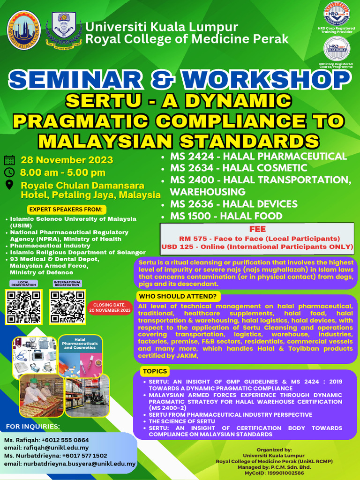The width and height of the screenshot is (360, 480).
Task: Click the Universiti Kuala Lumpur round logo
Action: tap(23, 29)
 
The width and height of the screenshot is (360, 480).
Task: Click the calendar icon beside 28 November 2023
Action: tap(9, 160)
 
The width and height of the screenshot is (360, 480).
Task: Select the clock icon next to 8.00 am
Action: tap(9, 172)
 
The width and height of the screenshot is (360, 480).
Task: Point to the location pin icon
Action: tap(9, 185)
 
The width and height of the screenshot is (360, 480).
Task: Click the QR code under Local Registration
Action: tap(22, 307)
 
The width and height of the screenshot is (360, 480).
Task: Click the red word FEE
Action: tap(258, 229)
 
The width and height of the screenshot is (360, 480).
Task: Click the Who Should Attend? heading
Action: tap(177, 296)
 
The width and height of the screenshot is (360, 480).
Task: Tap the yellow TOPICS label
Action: tap(155, 371)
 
